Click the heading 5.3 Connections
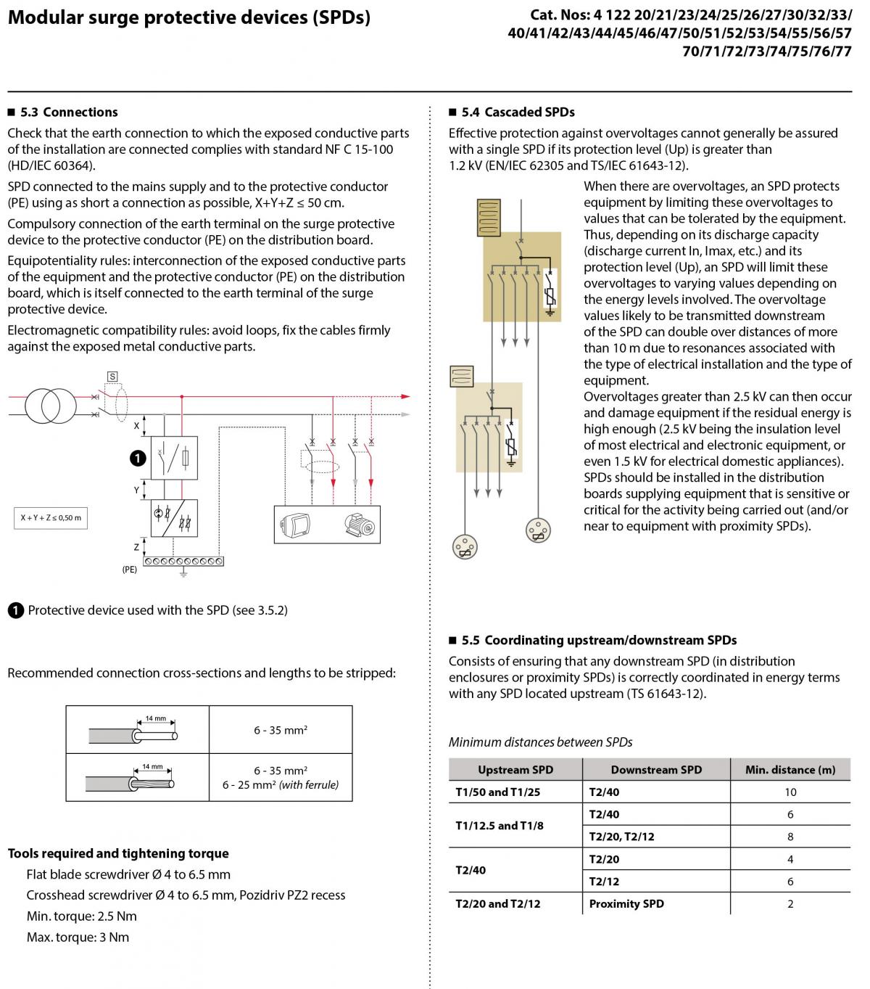(69, 112)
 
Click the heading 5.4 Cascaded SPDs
(518, 112)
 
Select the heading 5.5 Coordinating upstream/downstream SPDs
(599, 640)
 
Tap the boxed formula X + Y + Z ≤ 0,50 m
(51, 517)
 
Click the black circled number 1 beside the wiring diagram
(138, 458)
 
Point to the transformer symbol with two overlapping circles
(51, 406)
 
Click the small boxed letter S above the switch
(112, 377)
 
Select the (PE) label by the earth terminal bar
(129, 569)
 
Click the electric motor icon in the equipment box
(360, 525)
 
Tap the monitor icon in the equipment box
(295, 525)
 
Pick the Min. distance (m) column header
(790, 770)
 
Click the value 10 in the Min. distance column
(790, 792)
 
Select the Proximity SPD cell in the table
(626, 903)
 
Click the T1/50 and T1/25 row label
(497, 792)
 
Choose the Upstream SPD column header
(515, 770)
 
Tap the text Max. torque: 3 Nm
(78, 937)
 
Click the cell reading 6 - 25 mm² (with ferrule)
(281, 785)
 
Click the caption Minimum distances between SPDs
(540, 742)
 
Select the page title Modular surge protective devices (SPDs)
(189, 17)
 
